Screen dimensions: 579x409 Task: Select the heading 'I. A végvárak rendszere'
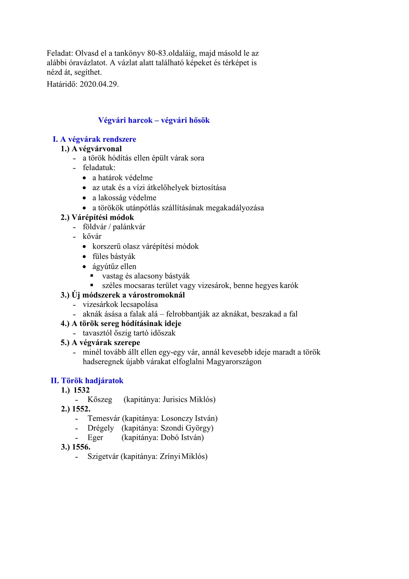click(94, 139)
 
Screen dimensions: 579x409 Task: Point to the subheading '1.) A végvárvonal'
click(91, 149)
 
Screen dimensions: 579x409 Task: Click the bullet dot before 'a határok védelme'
click(84, 178)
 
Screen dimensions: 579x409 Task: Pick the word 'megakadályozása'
click(235, 208)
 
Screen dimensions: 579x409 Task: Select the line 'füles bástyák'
click(114, 257)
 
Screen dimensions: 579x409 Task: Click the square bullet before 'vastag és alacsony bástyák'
click(92, 276)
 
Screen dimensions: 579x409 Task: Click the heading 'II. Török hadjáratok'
click(87, 381)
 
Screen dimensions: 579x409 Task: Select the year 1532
click(81, 391)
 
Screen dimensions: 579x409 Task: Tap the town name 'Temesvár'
click(103, 419)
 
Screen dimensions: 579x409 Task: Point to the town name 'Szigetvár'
click(103, 457)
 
